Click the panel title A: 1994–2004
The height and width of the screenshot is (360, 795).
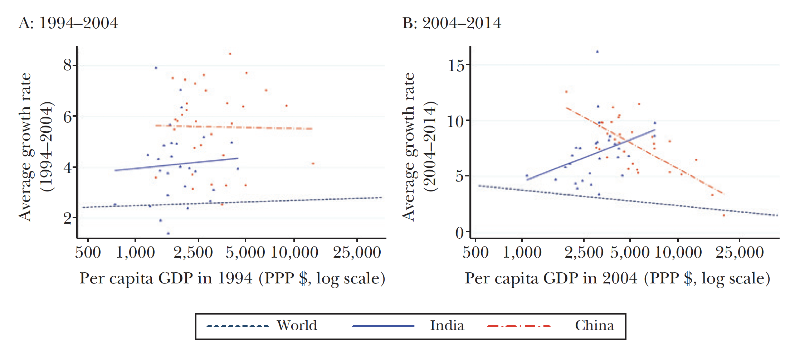click(x=68, y=23)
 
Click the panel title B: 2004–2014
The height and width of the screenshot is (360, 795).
click(x=452, y=23)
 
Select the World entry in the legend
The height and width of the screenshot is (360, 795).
click(x=297, y=326)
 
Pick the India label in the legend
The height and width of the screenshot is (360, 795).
click(x=447, y=326)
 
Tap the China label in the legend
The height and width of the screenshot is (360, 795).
click(x=594, y=326)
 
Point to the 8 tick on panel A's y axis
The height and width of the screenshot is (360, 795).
click(x=68, y=65)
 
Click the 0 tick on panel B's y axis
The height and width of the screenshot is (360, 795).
click(x=459, y=233)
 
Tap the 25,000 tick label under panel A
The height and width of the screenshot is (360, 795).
click(x=357, y=253)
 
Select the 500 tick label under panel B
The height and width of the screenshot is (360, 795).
click(x=475, y=253)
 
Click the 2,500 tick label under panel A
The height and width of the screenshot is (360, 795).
click(x=193, y=253)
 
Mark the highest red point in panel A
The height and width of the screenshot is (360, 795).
click(x=230, y=54)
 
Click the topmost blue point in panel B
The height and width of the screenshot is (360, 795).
click(x=597, y=52)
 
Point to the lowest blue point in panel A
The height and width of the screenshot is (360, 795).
click(x=168, y=233)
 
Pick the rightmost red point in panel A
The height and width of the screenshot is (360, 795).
click(x=313, y=164)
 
